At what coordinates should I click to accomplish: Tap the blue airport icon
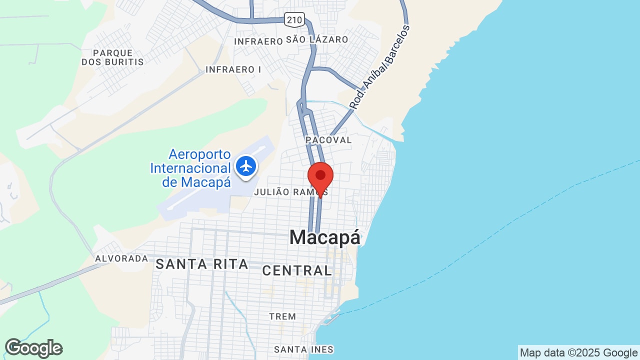click(x=246, y=166)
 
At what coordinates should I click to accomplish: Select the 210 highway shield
click(x=293, y=20)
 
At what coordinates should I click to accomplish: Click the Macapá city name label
click(x=324, y=237)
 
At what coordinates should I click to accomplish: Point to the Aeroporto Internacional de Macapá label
click(x=190, y=168)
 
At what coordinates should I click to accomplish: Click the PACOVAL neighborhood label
click(x=329, y=140)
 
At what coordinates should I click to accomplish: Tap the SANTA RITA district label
click(x=201, y=264)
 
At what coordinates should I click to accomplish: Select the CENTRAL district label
click(x=297, y=270)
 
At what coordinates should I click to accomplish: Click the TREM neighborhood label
click(x=282, y=316)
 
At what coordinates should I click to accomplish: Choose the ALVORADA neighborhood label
click(x=121, y=258)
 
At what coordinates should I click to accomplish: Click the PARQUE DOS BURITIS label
click(x=112, y=57)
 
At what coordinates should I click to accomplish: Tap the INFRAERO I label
click(x=233, y=69)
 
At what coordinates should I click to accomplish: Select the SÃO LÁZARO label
click(x=317, y=39)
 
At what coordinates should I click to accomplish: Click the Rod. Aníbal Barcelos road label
click(x=379, y=67)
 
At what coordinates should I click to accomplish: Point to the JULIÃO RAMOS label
click(x=290, y=192)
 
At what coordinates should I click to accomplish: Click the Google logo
click(x=33, y=348)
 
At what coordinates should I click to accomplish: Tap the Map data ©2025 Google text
click(x=578, y=353)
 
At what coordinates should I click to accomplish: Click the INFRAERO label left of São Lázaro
click(x=258, y=41)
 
